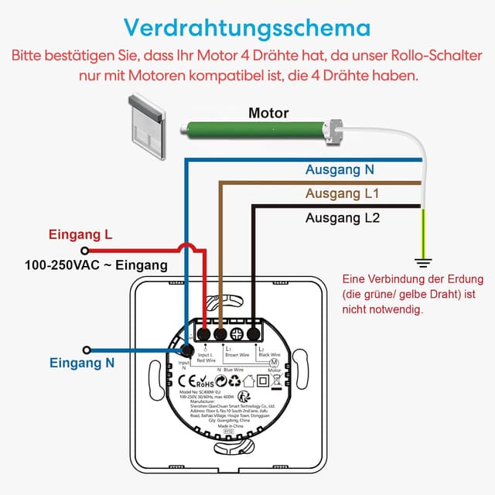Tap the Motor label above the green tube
[x=268, y=113]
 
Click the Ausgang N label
[x=340, y=169]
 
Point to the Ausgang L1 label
[x=343, y=193]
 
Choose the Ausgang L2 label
[x=343, y=218]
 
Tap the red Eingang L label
[x=80, y=234]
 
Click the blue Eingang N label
[x=83, y=362]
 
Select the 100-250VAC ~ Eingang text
[x=96, y=265]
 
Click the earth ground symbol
[x=423, y=261]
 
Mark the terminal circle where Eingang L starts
[x=84, y=250]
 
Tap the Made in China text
[x=230, y=427]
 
